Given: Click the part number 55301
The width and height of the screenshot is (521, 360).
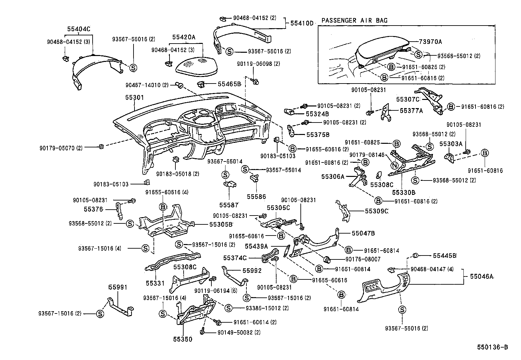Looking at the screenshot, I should (134, 98).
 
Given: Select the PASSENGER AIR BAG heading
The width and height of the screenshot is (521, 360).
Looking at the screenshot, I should (354, 20).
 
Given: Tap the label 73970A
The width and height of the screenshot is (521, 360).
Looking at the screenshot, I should (430, 42).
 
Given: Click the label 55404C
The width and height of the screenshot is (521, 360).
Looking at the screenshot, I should (79, 29).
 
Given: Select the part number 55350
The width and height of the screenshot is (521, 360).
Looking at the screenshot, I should (183, 339).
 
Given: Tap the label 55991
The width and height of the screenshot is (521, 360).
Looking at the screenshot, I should (118, 287).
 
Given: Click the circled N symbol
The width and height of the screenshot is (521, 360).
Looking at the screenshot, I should (394, 166).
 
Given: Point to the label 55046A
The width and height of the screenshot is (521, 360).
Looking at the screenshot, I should (481, 276).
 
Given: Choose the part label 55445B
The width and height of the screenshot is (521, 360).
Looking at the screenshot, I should (444, 255).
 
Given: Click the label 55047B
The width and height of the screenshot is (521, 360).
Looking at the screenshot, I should (363, 233).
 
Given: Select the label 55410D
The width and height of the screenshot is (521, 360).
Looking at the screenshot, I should (301, 23).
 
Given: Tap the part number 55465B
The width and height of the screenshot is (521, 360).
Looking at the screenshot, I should (229, 84).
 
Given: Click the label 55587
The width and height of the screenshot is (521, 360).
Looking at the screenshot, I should (229, 205).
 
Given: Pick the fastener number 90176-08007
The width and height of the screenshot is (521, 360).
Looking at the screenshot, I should (358, 259).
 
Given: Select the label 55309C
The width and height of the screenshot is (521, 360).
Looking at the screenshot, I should (376, 211).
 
